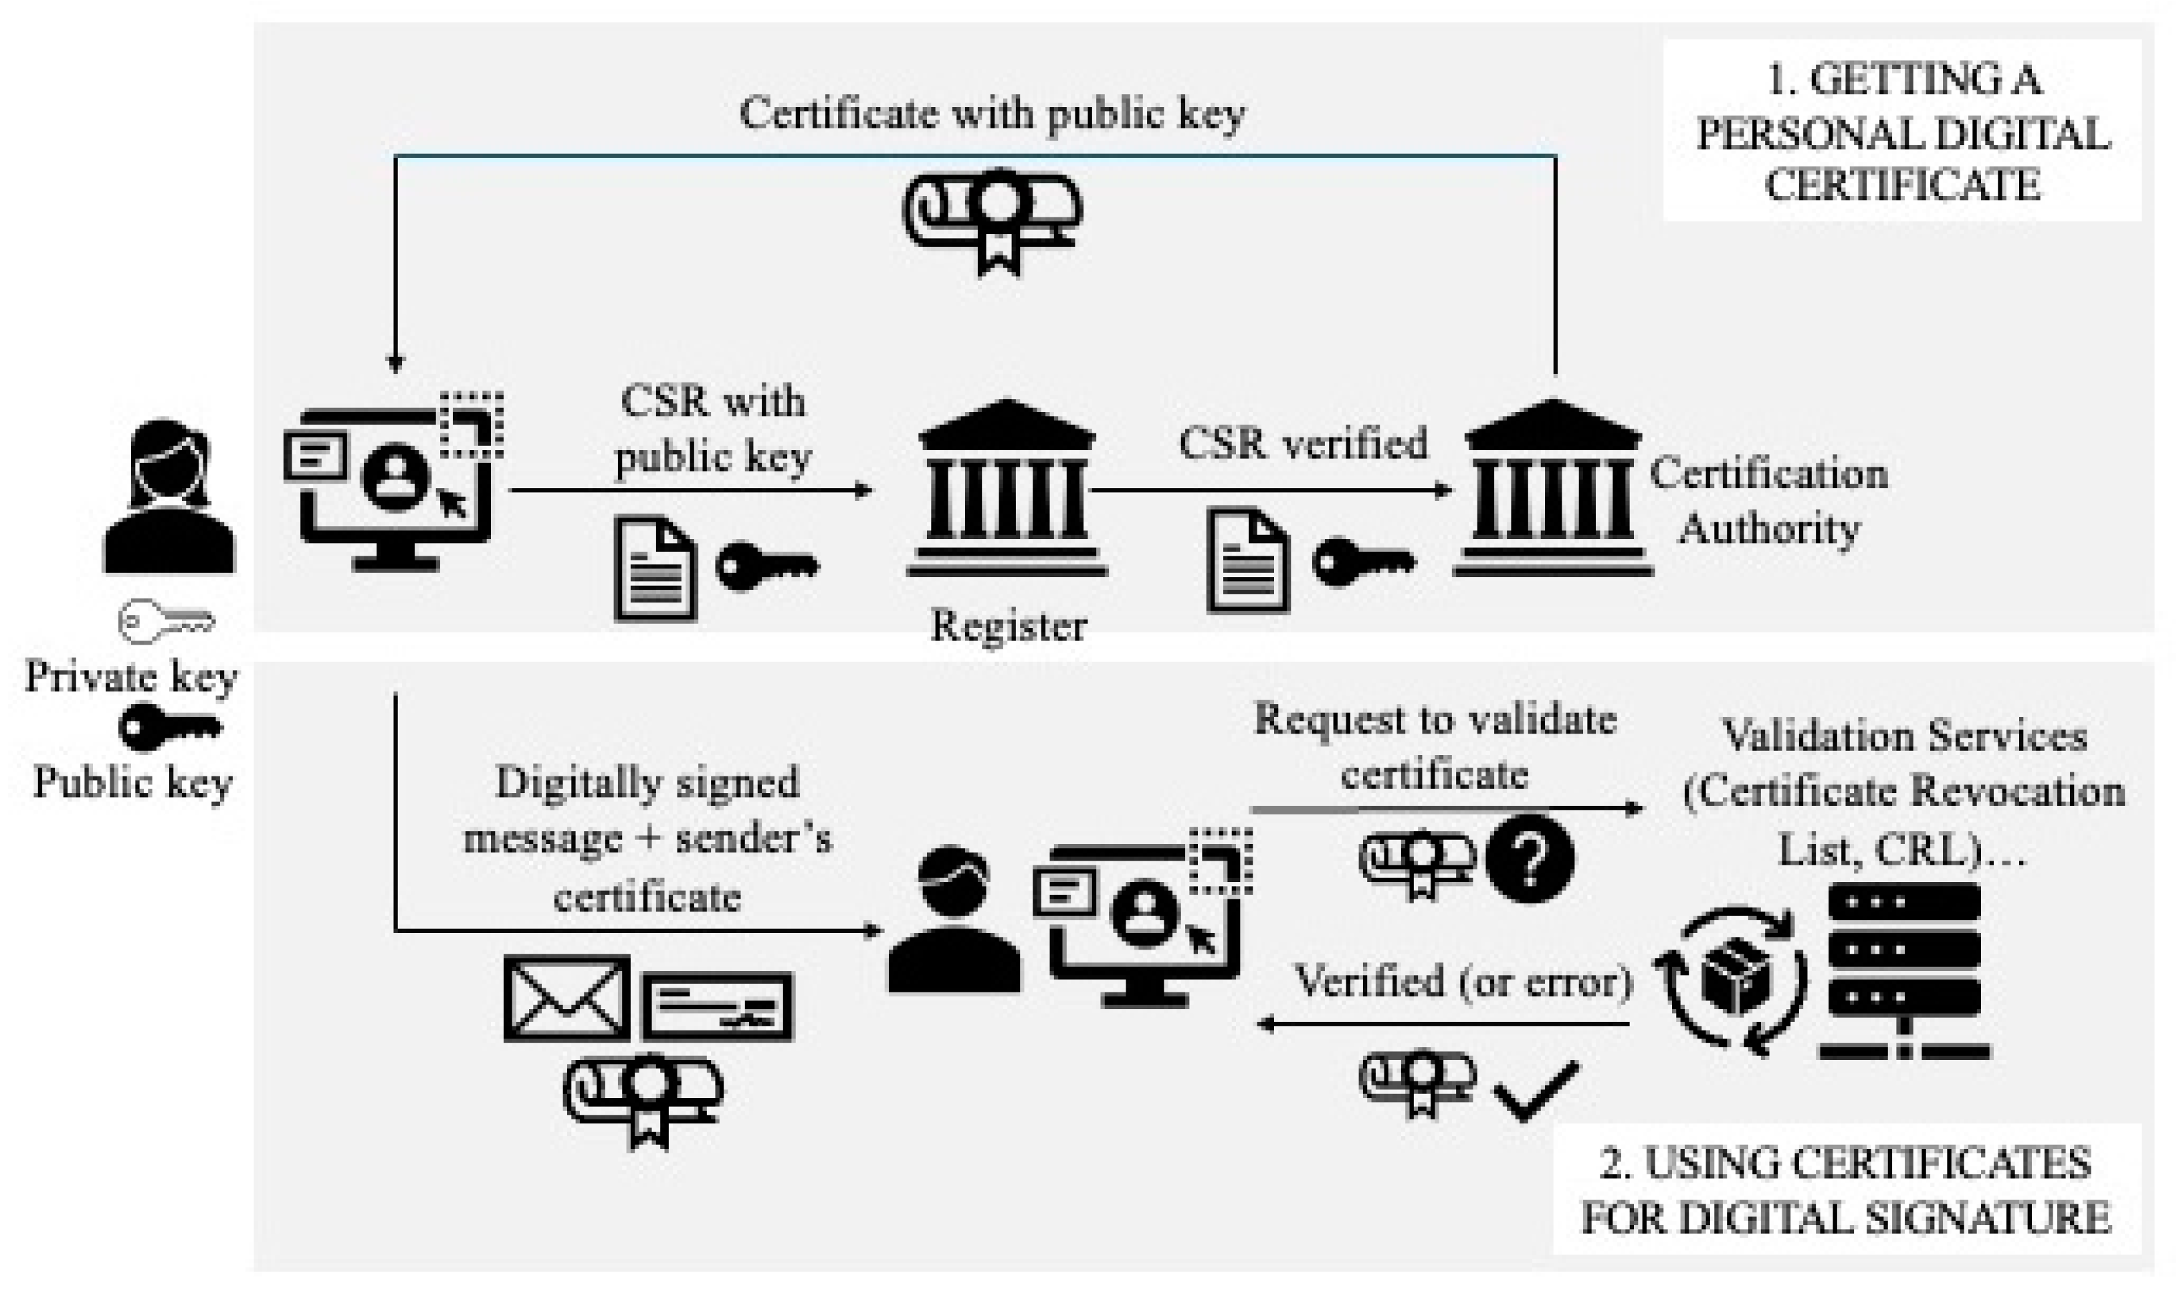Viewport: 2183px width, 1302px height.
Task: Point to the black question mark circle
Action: (x=1530, y=859)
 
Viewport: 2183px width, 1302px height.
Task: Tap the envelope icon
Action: (x=566, y=998)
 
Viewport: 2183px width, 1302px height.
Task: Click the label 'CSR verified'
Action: (x=1302, y=444)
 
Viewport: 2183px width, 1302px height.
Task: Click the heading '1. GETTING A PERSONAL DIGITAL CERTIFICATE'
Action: (x=1901, y=132)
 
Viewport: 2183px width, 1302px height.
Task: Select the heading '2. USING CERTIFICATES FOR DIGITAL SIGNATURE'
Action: (x=1845, y=1190)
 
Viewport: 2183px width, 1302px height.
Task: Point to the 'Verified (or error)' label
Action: (x=1463, y=981)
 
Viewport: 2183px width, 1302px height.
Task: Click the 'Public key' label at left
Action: (x=132, y=782)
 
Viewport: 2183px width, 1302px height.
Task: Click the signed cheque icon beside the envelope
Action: (x=718, y=1006)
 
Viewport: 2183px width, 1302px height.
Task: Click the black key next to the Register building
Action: (x=767, y=566)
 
